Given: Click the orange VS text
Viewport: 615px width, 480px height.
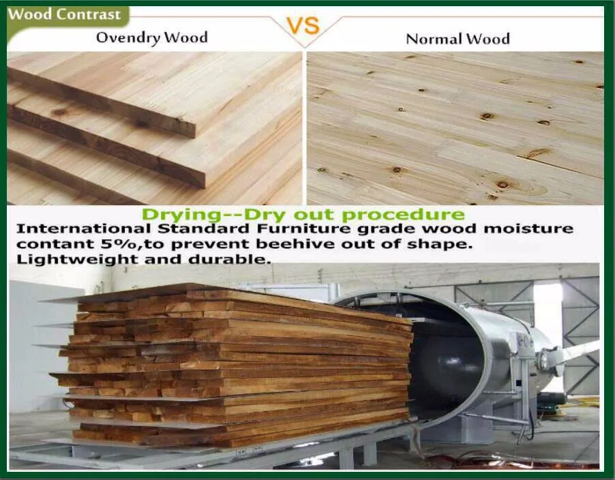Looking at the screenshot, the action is tap(304, 25).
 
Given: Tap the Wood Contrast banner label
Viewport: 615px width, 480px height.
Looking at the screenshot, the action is tap(64, 14).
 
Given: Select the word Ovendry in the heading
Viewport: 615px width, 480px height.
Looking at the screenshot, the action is tap(128, 38).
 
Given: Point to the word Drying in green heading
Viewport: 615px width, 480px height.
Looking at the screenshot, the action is tap(181, 215).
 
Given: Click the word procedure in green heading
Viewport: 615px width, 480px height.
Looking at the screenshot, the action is tap(403, 215).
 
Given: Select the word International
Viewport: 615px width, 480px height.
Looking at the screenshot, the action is tap(84, 228).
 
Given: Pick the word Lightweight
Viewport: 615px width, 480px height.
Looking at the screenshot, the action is tap(78, 260).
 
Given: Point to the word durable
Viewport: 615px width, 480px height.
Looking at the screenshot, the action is tap(230, 260).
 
